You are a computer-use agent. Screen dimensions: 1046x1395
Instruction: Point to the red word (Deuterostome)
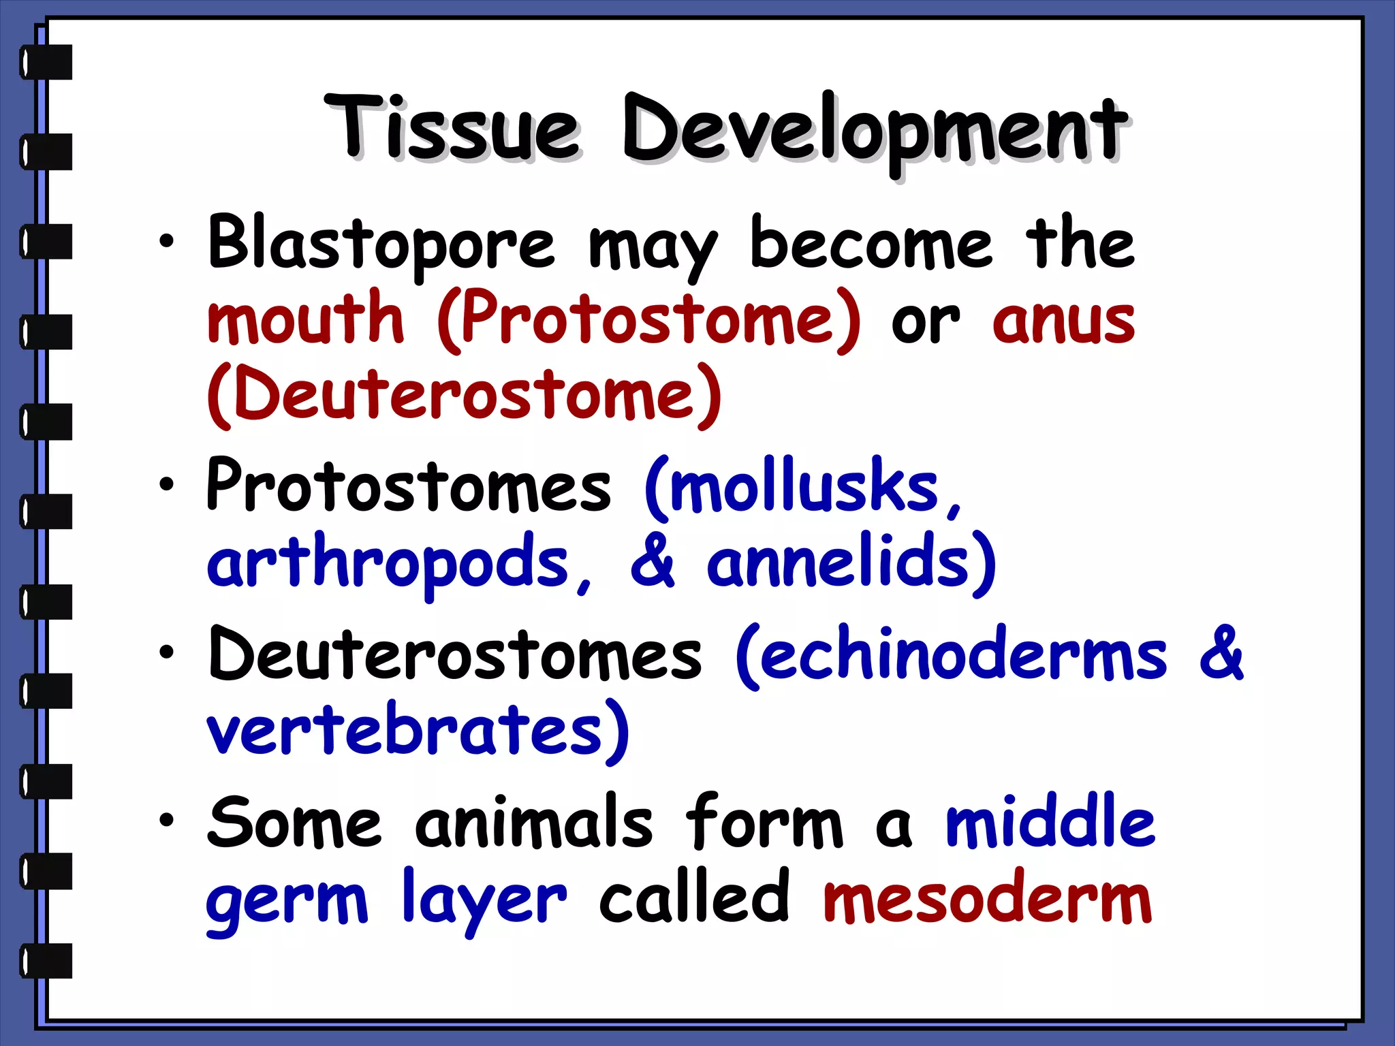(464, 395)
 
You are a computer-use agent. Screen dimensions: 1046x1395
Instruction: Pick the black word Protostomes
(409, 485)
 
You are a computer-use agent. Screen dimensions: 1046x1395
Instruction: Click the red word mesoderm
(988, 899)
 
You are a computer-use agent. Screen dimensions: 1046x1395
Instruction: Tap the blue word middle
(1050, 823)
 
